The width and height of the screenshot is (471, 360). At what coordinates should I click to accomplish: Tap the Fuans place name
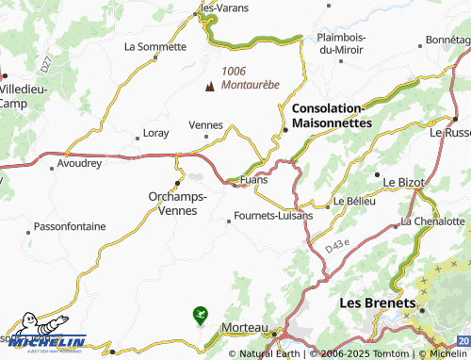(x=254, y=179)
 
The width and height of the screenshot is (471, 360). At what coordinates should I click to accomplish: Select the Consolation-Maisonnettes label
(x=333, y=116)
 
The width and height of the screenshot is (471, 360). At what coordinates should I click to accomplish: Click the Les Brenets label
(x=377, y=303)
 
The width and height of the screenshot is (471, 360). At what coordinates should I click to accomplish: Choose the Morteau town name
(x=238, y=327)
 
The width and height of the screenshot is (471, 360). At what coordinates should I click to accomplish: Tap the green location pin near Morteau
(x=199, y=314)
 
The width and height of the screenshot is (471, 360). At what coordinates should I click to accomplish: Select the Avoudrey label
(x=78, y=163)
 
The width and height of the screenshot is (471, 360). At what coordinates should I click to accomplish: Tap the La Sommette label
(x=154, y=45)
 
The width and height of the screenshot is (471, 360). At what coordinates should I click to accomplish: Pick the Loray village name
(x=155, y=133)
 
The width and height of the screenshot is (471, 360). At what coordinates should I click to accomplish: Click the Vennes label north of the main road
(x=206, y=124)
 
